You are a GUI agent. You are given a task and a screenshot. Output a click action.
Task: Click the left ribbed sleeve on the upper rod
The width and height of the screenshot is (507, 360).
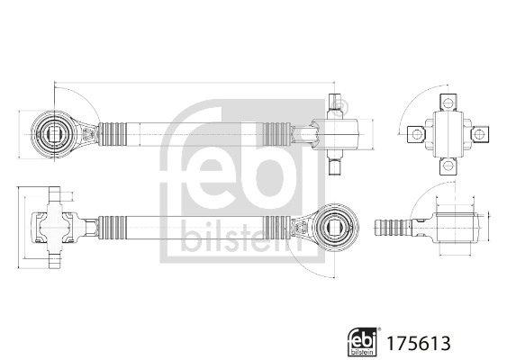click(116, 134)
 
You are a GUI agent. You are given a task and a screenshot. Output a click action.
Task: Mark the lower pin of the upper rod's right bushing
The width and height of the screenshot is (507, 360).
click(334, 165)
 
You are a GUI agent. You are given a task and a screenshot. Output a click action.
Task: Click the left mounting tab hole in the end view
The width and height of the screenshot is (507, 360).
click(416, 134)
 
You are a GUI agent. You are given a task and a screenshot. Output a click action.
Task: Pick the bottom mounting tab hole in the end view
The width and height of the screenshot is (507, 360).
click(448, 166)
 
